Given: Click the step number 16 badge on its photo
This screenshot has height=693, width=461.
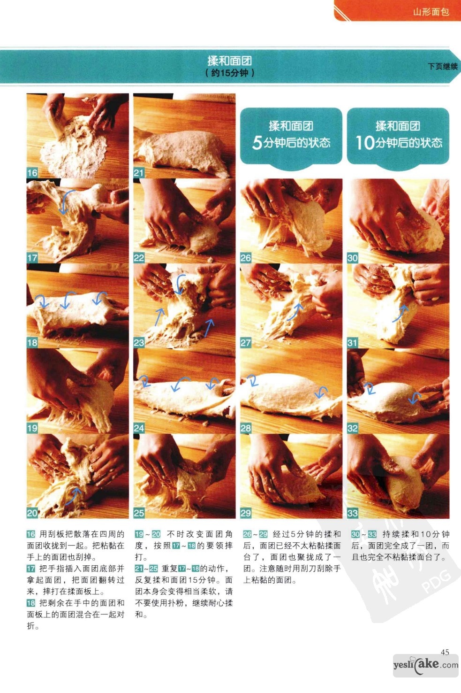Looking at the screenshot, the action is pos(32,173).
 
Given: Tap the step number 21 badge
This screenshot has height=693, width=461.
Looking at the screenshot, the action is pos(139,173).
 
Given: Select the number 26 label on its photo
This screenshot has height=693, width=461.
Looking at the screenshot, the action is pos(246,258).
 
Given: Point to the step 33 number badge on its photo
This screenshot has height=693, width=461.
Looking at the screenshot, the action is pos(353,513).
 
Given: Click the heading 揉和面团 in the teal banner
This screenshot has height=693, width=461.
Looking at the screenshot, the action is pos(230,61).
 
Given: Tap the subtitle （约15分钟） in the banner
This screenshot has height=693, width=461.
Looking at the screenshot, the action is pos(230,73).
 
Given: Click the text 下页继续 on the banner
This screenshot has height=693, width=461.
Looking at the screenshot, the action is pos(442,66).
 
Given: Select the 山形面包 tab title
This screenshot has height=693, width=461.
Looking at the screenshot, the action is pos(431,12).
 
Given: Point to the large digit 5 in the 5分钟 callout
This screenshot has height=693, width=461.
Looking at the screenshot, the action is pos(257,143).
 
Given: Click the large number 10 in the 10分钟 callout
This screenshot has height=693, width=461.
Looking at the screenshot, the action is pos(365,143).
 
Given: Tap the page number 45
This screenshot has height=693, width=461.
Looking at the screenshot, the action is pos(445,652).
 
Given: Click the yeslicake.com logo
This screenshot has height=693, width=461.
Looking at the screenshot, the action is pos(425,665).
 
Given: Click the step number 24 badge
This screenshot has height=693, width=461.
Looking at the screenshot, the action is pos(139,428).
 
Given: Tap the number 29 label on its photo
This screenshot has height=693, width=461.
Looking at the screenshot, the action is pos(246,513).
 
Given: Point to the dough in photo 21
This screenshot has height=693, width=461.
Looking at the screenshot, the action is pos(182,151).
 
